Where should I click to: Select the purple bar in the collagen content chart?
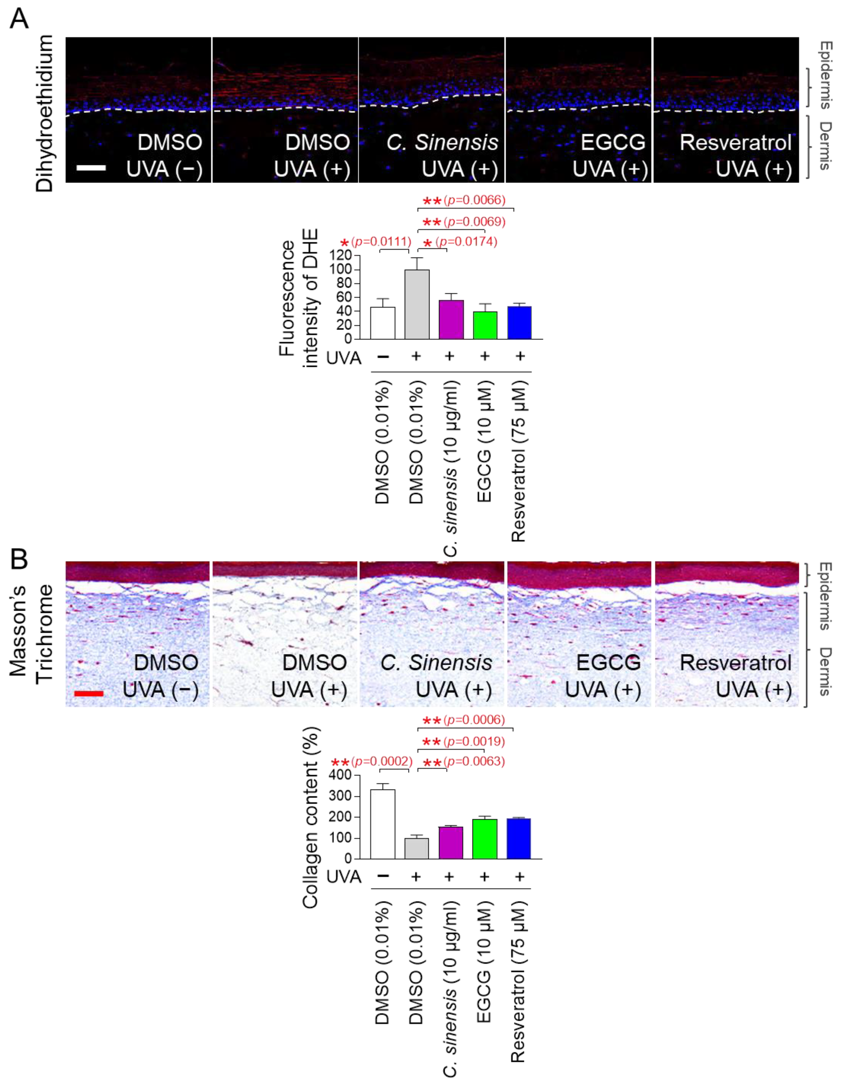[451, 842]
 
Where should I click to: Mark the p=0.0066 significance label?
[474, 200]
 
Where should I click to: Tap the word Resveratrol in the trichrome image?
[735, 663]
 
